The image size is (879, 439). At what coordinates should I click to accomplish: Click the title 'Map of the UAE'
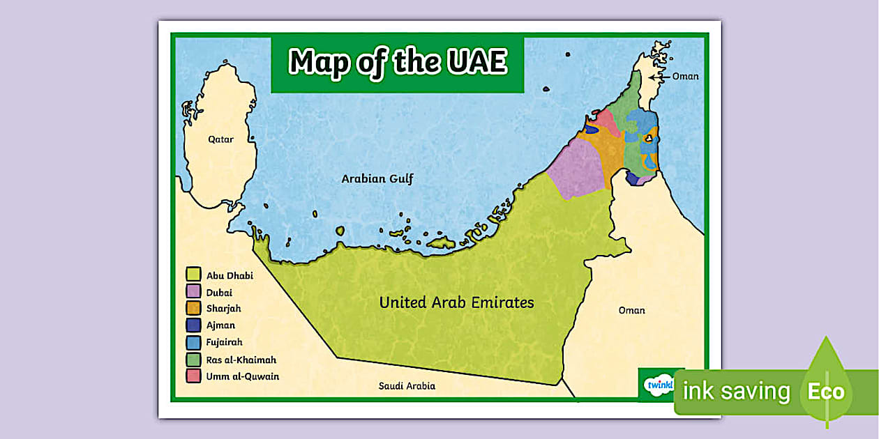[x=397, y=62]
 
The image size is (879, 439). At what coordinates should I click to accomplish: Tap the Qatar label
[x=220, y=139]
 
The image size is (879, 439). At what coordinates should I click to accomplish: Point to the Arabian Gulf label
[x=377, y=179]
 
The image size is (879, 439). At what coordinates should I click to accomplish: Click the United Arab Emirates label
[x=456, y=302]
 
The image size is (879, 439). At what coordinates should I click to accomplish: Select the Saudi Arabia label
[x=407, y=386]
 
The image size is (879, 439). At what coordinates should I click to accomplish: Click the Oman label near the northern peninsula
[x=684, y=77]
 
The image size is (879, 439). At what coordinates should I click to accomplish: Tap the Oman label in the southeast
[x=631, y=310]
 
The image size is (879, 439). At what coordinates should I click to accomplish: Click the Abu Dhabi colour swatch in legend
[x=193, y=275]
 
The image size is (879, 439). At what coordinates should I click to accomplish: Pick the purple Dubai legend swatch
[x=193, y=292]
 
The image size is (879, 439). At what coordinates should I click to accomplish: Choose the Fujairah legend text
[x=224, y=342]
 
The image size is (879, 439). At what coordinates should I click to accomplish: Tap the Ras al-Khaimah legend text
[x=241, y=360]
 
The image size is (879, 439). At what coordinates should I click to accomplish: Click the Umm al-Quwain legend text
[x=242, y=376]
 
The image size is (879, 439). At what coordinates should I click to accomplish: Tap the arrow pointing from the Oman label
[x=659, y=77]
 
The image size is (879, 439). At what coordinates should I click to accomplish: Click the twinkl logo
[x=659, y=384]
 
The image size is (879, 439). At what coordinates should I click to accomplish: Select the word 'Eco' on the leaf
[x=825, y=392]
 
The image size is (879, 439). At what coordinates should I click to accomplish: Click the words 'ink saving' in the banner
[x=736, y=392]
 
